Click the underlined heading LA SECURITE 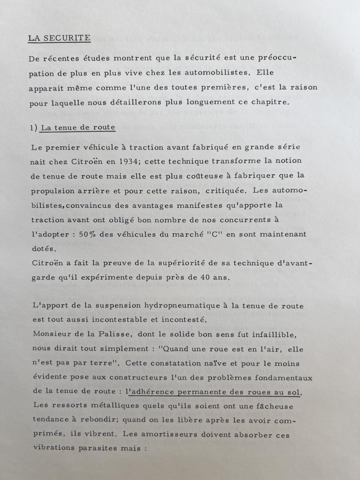coord(59,38)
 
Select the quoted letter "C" coord(213,234)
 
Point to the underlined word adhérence coord(154,392)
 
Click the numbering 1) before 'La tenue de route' coord(34,128)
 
